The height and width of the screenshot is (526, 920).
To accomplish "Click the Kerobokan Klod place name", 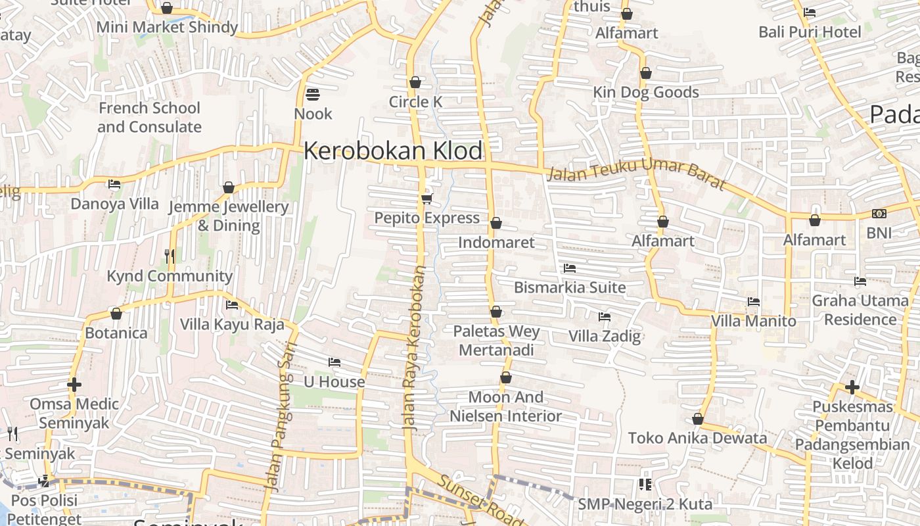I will click(393, 151).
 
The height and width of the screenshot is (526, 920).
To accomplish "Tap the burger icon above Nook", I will click(313, 95).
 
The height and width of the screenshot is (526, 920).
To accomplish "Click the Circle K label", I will click(415, 102).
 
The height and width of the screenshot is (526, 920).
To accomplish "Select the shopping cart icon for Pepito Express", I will click(426, 199).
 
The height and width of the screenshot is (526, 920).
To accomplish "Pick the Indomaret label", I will click(496, 242).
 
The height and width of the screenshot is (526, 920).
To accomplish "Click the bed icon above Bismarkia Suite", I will click(570, 268).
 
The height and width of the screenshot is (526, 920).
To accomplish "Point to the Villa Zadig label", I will click(604, 337).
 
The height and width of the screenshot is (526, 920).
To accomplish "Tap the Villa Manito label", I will click(754, 321).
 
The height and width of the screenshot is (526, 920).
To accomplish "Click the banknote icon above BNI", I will click(879, 214).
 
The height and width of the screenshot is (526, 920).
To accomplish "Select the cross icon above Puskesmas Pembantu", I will click(852, 387).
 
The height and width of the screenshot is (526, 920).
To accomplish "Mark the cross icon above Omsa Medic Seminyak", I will click(74, 384).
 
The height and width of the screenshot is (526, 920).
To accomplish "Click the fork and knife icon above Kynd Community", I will click(170, 256).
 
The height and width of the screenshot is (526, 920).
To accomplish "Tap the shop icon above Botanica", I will click(116, 314).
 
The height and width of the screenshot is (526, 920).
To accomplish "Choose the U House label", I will click(334, 381).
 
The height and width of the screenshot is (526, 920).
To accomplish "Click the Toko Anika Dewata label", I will click(697, 438).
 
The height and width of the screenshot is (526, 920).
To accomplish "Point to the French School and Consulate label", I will click(149, 117).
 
